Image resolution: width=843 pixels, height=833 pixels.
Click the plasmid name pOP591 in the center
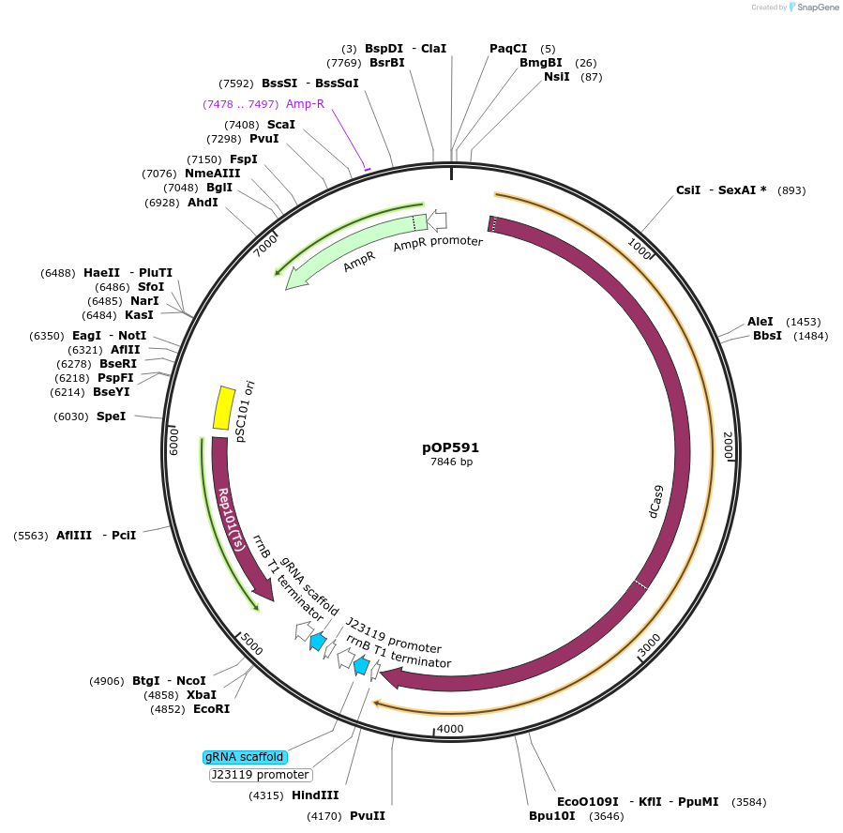tap(450, 447)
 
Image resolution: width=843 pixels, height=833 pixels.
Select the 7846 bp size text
tap(451, 462)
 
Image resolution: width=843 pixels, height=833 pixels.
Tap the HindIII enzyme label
tap(315, 795)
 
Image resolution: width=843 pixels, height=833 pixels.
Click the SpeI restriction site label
tap(111, 416)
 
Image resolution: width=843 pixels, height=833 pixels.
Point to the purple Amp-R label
tap(305, 103)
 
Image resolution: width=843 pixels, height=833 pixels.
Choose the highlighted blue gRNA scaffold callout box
tap(244, 757)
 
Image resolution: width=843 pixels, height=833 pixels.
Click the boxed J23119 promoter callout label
tap(260, 775)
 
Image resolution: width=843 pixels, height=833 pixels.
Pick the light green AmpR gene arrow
tap(347, 250)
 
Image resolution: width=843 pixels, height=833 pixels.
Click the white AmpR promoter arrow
tap(436, 220)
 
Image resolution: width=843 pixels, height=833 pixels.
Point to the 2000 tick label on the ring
tap(728, 445)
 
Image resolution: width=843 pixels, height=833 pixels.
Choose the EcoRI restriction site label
tap(211, 709)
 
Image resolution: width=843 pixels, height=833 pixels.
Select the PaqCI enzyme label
tap(508, 49)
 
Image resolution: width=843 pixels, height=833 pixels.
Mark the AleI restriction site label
tap(760, 321)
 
